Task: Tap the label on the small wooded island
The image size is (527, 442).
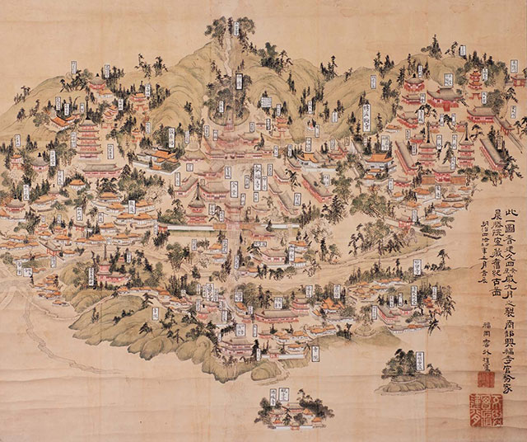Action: (421, 360)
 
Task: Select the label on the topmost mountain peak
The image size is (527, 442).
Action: (236, 28)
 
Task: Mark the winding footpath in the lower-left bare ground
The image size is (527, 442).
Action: (49, 330)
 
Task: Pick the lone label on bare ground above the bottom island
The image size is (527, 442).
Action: (315, 353)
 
